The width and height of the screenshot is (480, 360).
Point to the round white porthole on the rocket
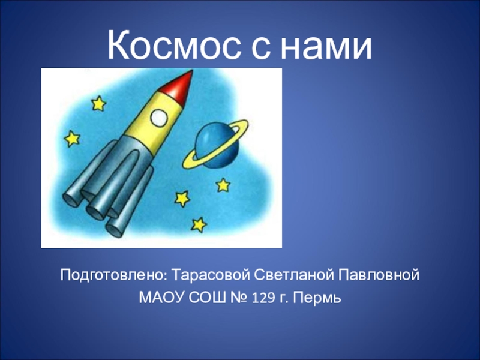158,118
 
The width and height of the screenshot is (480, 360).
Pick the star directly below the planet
223,185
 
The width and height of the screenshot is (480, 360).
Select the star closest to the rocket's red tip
98,103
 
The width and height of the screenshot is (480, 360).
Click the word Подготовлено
113,276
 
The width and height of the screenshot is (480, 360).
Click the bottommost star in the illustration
199,224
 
